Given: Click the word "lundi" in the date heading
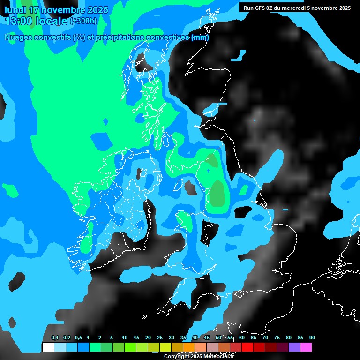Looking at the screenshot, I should coord(16,10).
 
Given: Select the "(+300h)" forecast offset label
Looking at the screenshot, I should coord(83,21).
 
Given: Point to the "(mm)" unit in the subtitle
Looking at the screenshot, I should coord(200,37).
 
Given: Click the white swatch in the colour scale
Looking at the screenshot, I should coord(48,347).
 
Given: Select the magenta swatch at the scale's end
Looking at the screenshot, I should coord(306,347).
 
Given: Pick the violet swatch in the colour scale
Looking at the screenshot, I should coord(294,347).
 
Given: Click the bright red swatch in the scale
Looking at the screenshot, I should coord(247,347).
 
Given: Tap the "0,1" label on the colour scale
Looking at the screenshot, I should coord(55,338).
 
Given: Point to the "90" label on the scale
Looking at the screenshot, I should coord(312,338).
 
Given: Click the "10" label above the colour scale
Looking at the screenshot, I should coord(125,338).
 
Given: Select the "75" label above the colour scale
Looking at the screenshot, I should coord(277,338).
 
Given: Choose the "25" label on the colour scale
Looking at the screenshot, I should coord(160,338).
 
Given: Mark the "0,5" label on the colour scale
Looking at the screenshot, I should coord(78,338).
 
